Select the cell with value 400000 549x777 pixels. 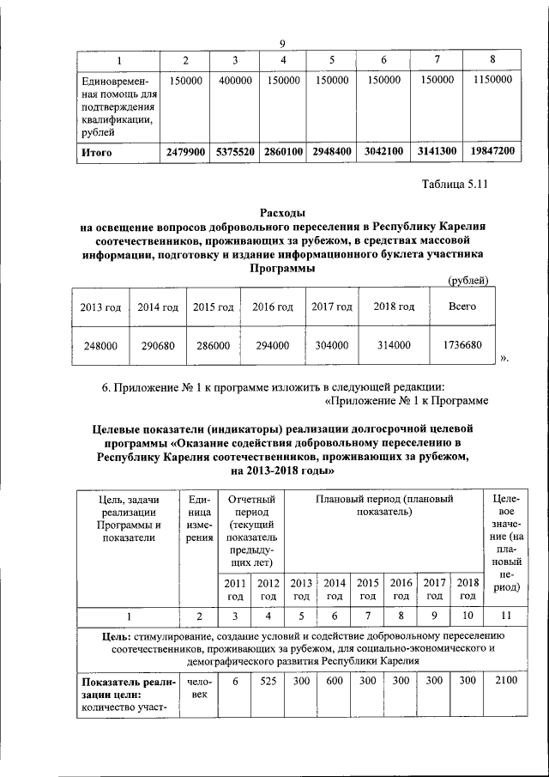point(234,80)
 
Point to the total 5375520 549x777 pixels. point(234,153)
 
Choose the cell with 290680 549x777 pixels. point(157,345)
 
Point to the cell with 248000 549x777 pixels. point(100,345)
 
